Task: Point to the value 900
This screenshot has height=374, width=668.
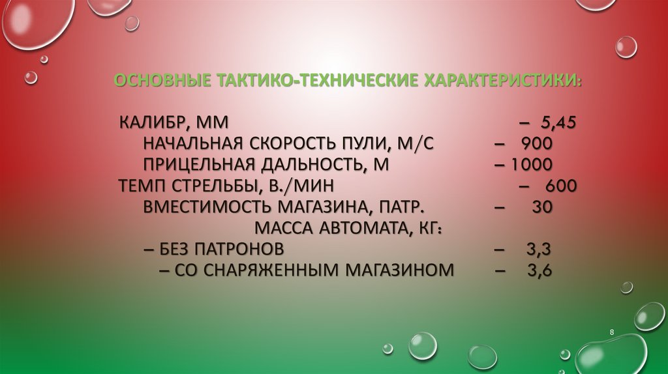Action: pyautogui.click(x=537, y=143)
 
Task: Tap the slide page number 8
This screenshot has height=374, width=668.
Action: pyautogui.click(x=612, y=333)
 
